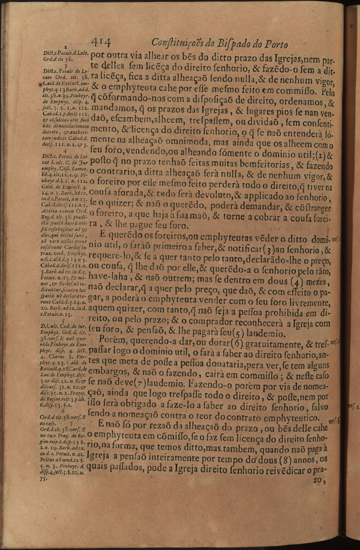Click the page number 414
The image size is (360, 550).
point(102,41)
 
